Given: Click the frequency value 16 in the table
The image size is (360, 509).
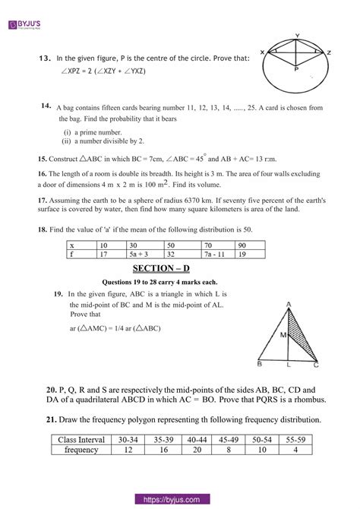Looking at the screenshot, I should point(163,450).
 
